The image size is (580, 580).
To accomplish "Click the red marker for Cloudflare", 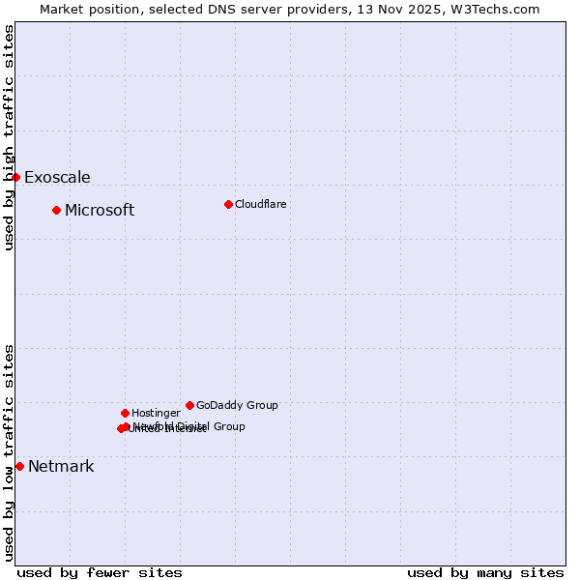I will [x=228, y=204].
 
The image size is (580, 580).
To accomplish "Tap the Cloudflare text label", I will [x=261, y=204].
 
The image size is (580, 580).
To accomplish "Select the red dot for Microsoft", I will [x=56, y=210].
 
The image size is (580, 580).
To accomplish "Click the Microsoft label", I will [x=100, y=211].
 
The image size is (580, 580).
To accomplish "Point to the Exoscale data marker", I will [x=15, y=177].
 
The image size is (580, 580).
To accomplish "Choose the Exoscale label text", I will [x=57, y=178].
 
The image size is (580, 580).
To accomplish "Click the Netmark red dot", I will [x=19, y=466].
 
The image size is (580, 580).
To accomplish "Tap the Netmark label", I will [x=61, y=467].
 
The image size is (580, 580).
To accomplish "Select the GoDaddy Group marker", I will [x=189, y=405].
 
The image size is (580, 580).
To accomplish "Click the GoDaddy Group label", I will [x=237, y=406].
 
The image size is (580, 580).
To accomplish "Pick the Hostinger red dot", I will [x=125, y=413].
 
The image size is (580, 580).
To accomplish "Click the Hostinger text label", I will [x=156, y=414].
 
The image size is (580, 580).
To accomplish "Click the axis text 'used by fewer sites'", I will [x=100, y=572].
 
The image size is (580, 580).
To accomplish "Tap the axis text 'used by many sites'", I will [x=485, y=572].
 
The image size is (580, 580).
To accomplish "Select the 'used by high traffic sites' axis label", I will [x=9, y=137].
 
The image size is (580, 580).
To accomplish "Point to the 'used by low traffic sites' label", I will [x=9, y=452].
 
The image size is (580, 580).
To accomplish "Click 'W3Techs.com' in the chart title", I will [x=500, y=9].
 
